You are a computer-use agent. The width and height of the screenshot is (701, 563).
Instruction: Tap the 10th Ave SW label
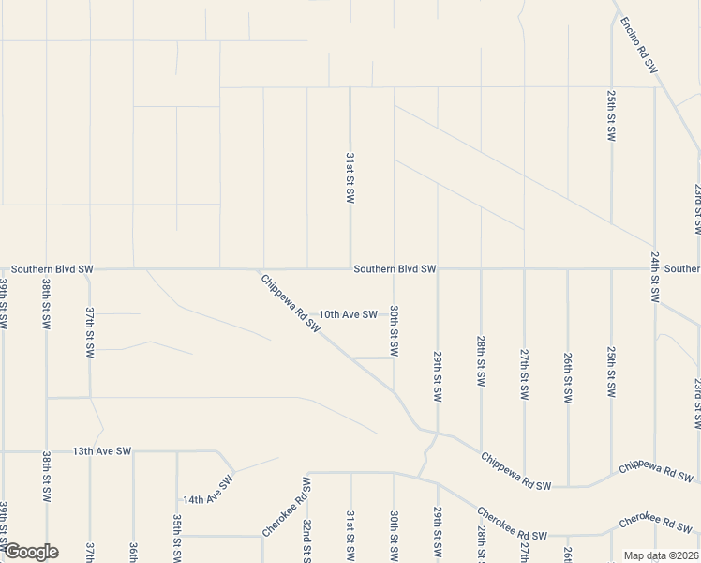click(x=348, y=314)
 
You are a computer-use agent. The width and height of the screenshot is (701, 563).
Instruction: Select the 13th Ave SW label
click(x=102, y=451)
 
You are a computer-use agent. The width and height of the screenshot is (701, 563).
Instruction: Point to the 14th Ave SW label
click(x=207, y=493)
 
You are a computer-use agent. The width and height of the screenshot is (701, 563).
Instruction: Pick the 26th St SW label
click(x=568, y=377)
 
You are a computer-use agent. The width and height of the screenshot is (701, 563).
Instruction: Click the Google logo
click(x=30, y=552)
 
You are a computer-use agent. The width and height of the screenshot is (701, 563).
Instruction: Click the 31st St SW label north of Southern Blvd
click(x=350, y=178)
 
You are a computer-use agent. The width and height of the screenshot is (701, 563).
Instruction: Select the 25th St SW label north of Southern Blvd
click(x=610, y=115)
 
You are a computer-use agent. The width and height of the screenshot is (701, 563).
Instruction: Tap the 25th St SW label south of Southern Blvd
click(x=611, y=369)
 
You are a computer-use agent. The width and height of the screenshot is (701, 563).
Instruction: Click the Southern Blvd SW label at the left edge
click(x=52, y=269)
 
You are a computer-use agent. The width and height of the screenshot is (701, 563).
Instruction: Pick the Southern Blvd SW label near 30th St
click(x=395, y=269)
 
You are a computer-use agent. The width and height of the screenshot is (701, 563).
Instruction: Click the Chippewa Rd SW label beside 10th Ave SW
click(x=291, y=302)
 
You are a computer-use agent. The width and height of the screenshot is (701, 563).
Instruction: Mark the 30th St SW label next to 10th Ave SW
click(x=395, y=330)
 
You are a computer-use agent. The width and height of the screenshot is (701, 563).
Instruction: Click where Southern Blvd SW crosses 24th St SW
click(x=655, y=268)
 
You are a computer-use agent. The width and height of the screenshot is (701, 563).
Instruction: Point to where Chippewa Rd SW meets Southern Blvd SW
click(x=255, y=269)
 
